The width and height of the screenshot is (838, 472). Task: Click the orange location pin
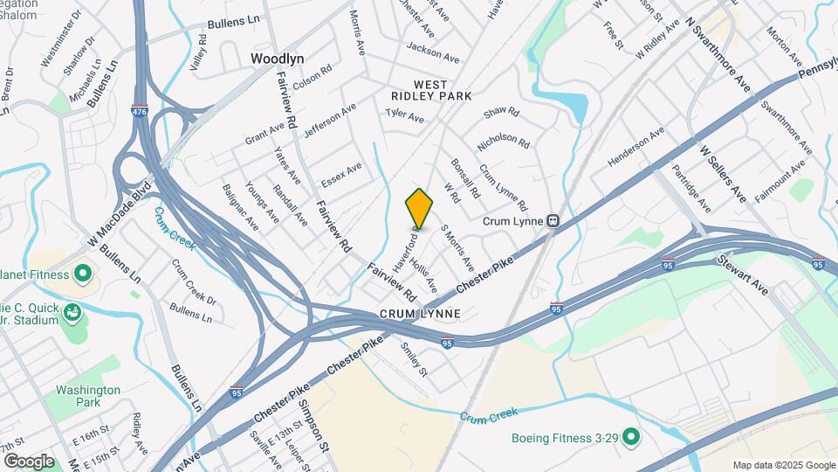coord(419,208)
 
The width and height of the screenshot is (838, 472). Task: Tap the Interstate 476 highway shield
coord(140,112)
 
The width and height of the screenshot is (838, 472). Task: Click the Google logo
coord(29,462)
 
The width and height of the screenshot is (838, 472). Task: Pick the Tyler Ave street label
coord(404,116)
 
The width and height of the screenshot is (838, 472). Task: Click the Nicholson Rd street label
coord(504,140)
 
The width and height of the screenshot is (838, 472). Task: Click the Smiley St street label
coord(413,358)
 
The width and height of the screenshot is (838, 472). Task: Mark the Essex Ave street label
coord(340,174)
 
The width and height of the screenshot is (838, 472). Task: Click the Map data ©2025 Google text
coord(783,465)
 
